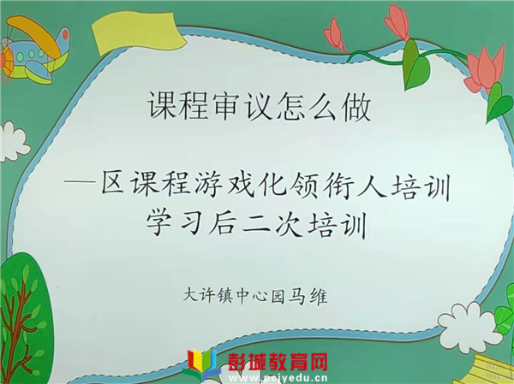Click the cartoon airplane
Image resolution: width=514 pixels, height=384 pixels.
click(34, 49)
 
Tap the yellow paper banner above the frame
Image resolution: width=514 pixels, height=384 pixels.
click(138, 32)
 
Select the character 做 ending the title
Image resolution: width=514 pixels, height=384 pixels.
click(356, 106)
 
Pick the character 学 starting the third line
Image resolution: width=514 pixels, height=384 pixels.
click(159, 223)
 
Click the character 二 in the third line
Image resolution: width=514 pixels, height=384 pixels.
click(256, 224)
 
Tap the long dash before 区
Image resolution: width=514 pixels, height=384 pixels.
click(81, 181)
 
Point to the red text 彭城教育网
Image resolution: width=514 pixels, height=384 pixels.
click(278, 362)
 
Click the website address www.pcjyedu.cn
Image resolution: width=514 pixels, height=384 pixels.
click(278, 378)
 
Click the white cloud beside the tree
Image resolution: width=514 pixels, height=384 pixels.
click(13, 142)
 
